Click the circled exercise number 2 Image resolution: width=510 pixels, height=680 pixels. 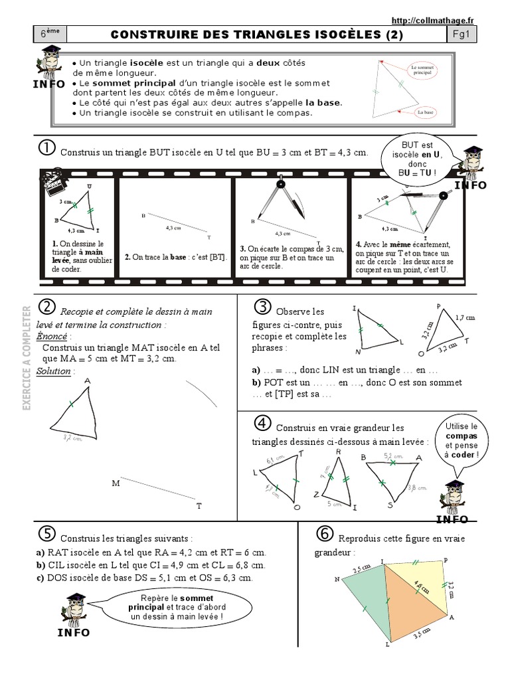click(46, 307)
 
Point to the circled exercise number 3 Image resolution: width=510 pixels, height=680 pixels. click(263, 307)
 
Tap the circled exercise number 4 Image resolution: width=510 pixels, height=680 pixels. click(263, 424)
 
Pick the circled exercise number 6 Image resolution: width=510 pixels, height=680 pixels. click(324, 533)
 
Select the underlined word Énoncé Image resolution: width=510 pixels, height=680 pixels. click(52, 336)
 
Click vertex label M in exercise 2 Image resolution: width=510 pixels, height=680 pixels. click(116, 483)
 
